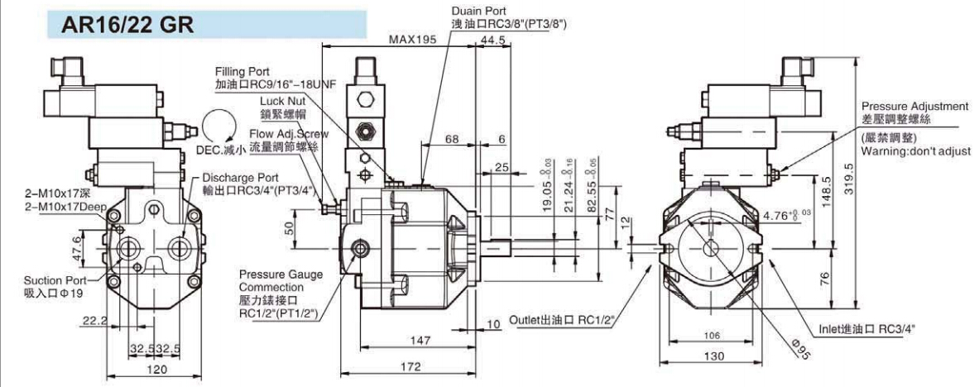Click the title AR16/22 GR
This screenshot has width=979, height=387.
click(127, 24)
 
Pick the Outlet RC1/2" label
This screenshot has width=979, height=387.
click(563, 318)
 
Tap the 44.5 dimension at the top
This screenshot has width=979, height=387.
click(493, 39)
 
